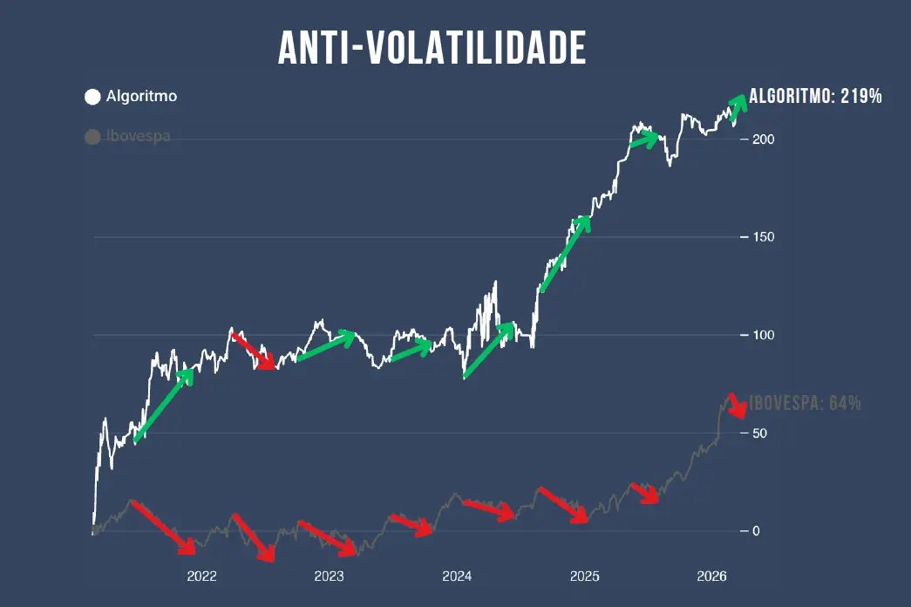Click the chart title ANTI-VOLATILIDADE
click(x=432, y=49)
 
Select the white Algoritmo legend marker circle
click(x=92, y=97)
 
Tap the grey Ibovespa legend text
click(x=138, y=137)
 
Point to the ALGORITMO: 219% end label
click(x=816, y=96)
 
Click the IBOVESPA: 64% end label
click(x=806, y=403)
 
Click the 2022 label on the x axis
click(x=201, y=576)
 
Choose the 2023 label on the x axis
click(x=329, y=576)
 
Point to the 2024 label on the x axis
click(x=457, y=576)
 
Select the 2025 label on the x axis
click(x=584, y=576)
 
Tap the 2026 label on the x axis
click(x=712, y=576)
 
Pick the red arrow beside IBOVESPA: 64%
click(x=738, y=406)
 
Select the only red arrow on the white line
click(x=255, y=351)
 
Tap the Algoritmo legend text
click(x=141, y=97)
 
